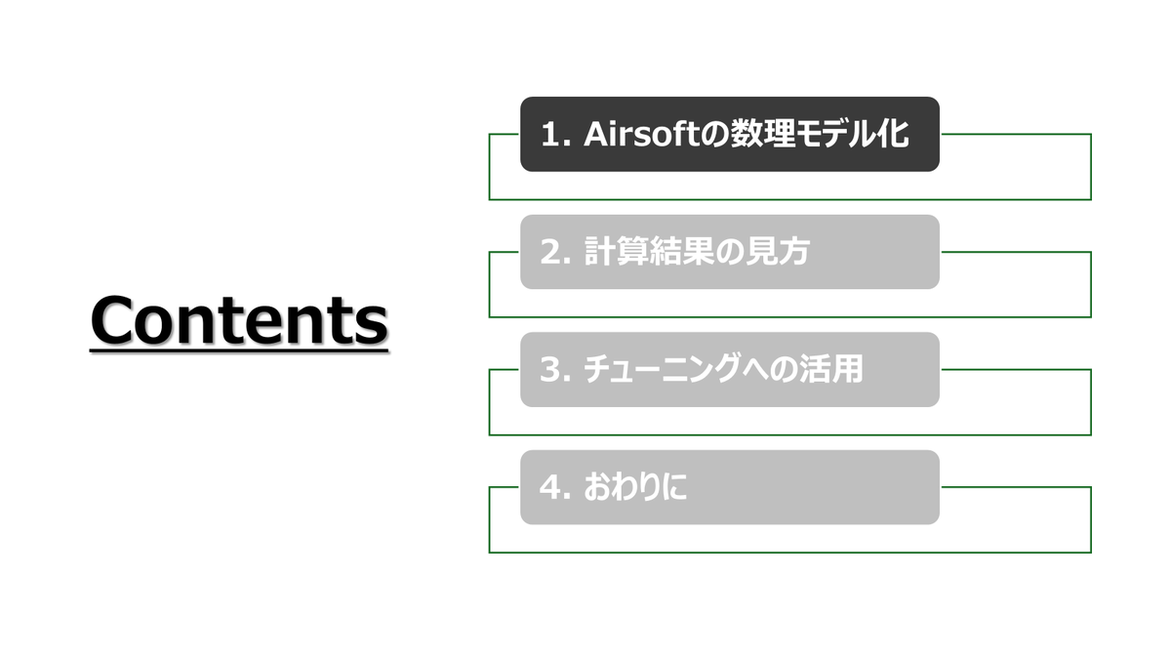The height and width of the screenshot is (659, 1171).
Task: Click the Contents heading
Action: [239, 320]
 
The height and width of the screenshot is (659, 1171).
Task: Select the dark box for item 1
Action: [730, 134]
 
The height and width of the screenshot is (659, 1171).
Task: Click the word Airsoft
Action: [642, 134]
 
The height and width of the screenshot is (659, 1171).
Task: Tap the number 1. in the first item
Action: [555, 135]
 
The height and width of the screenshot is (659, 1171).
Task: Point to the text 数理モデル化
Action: [820, 134]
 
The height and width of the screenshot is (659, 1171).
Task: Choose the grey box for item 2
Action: [730, 252]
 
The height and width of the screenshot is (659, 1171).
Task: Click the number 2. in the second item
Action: [554, 252]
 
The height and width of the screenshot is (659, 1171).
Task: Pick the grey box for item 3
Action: [730, 369]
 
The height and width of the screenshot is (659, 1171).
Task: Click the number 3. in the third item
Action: [554, 370]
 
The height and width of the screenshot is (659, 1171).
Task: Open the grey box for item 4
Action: [730, 487]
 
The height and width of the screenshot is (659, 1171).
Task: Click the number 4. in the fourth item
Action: [554, 487]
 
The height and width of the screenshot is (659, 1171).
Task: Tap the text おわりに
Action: [635, 487]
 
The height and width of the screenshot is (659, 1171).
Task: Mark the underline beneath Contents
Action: [239, 350]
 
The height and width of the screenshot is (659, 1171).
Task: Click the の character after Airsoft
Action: [715, 135]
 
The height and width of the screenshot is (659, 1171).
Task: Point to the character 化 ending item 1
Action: [894, 134]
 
